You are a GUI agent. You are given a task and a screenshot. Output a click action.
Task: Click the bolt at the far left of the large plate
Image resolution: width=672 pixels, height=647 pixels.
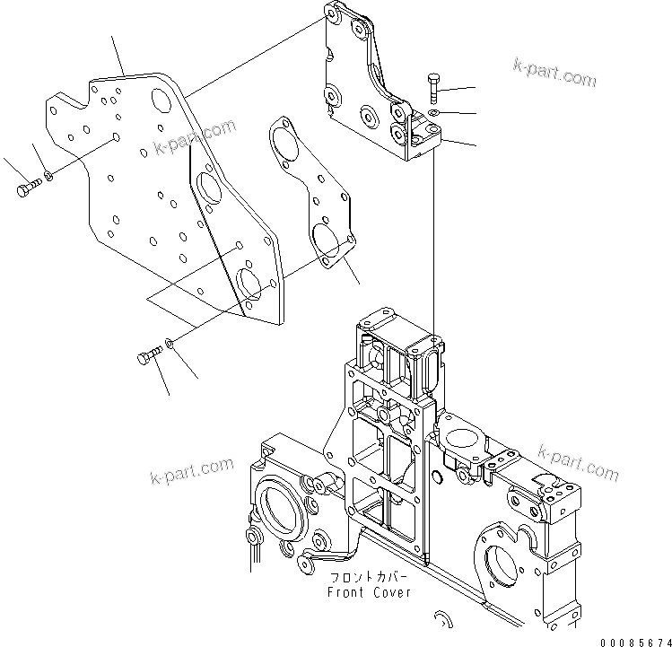tap(26, 189)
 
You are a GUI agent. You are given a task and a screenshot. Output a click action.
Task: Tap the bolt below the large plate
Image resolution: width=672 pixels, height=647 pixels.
tap(147, 358)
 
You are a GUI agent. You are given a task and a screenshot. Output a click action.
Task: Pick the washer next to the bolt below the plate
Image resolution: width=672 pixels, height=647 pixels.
tap(170, 345)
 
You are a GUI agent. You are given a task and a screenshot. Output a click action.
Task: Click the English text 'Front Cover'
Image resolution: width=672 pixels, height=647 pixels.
tap(369, 592)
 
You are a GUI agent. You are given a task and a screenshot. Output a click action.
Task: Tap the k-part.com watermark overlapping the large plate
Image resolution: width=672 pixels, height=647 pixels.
tap(195, 136)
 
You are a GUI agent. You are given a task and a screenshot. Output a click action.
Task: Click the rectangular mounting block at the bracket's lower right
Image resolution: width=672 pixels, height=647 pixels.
tap(421, 140)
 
